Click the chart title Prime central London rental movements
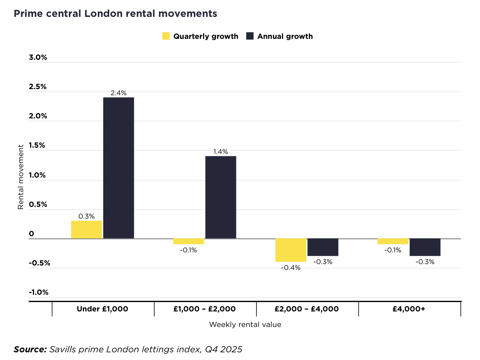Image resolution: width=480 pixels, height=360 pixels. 115,14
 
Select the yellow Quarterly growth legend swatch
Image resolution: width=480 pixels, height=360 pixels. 166,36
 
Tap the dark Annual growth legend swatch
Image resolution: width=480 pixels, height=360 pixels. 250,36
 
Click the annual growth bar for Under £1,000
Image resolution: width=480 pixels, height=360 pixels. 118,168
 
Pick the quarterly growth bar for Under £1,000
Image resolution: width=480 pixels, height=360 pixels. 86,229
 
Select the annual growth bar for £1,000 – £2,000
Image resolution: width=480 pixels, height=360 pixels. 221,197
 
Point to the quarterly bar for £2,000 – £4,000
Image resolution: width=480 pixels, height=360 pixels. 291,250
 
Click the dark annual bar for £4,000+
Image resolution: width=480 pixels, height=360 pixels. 425,247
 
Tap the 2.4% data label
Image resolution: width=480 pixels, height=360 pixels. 118,93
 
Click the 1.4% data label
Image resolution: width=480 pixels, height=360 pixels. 221,152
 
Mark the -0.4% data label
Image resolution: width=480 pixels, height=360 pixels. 291,268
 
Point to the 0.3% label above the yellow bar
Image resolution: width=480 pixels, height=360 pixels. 86,216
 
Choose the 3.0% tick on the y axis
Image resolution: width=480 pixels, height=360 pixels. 38,58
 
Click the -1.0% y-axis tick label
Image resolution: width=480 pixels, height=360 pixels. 39,292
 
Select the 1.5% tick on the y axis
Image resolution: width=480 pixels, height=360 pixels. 37,146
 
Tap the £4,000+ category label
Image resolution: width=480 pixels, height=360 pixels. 409,309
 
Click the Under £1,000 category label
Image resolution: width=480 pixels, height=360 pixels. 103,309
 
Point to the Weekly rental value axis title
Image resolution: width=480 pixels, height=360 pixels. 245,324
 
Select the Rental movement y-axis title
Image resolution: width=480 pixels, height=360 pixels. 21,177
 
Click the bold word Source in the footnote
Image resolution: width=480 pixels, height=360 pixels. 30,349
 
